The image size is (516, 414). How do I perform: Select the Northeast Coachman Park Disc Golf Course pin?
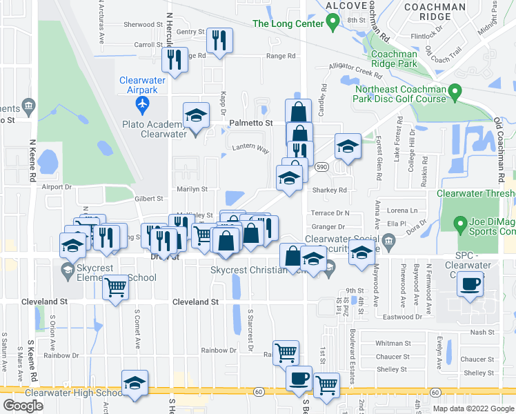click(455, 92)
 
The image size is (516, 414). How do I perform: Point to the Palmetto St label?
click(250, 123)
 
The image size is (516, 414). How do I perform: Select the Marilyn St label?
click(194, 188)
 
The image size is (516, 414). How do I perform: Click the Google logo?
click(23, 405)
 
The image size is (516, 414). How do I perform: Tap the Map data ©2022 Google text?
click(473, 408)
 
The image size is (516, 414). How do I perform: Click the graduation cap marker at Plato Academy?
click(197, 115)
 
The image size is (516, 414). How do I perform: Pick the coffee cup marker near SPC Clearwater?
click(470, 283)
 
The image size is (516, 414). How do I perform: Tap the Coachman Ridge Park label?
click(394, 59)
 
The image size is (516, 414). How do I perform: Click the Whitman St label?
click(393, 343)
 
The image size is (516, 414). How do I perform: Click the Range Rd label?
click(281, 56)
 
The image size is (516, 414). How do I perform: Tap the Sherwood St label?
click(143, 24)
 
